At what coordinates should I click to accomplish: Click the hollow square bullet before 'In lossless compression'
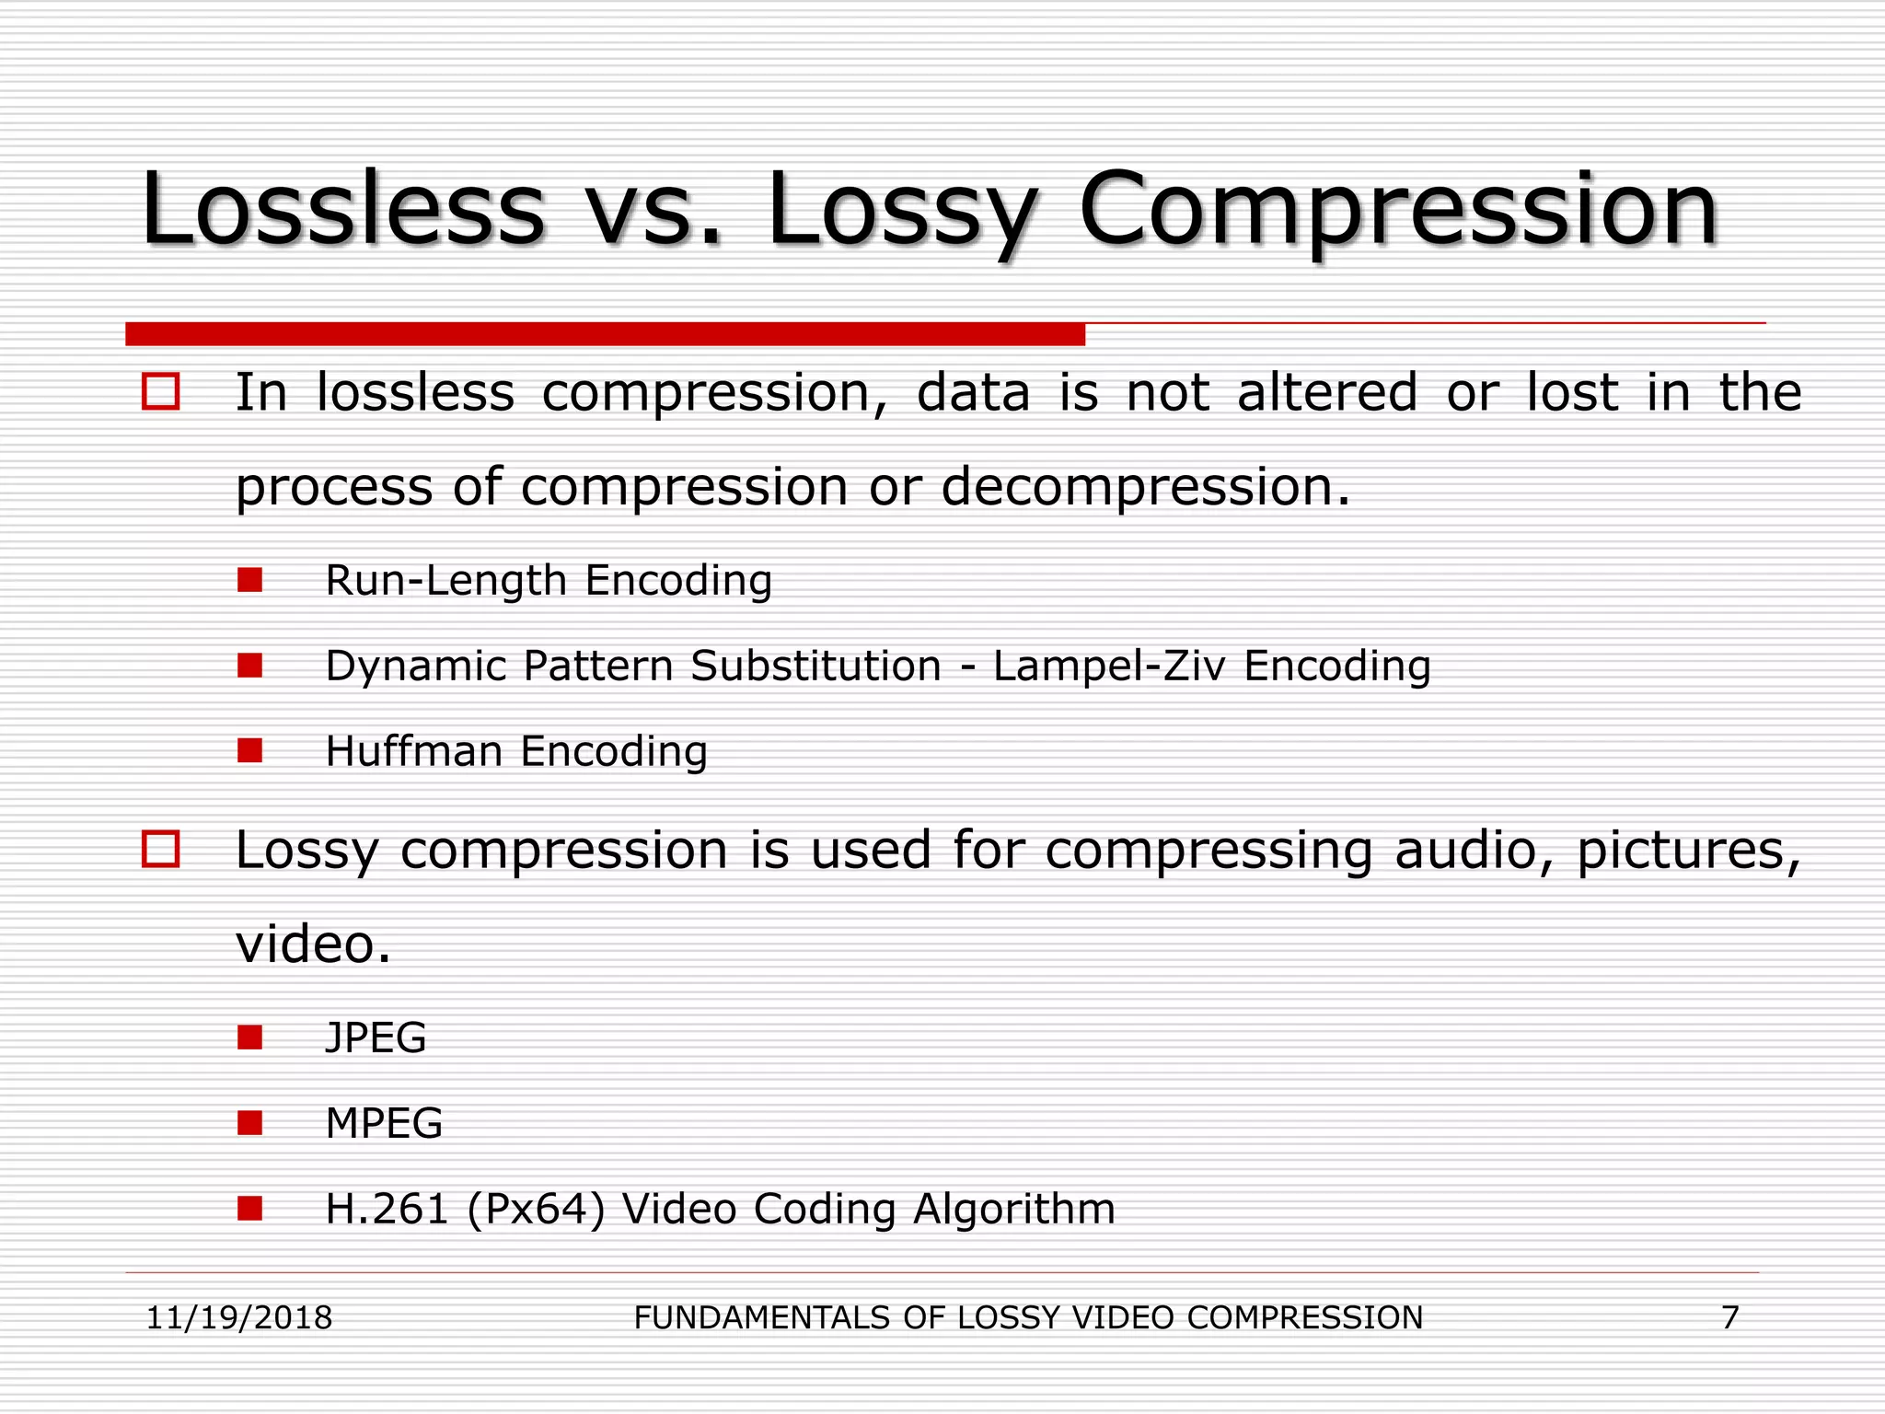[x=161, y=391]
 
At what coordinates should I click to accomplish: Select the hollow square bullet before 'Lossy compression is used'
[x=161, y=849]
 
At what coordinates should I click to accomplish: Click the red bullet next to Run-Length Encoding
[x=249, y=580]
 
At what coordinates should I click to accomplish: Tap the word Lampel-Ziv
[x=1108, y=666]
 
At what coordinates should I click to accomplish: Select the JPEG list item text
[x=376, y=1037]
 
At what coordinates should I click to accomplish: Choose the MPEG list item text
[x=384, y=1123]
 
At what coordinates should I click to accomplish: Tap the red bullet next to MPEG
[x=249, y=1123]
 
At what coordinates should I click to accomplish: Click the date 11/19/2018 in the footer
[x=239, y=1317]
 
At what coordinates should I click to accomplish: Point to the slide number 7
[x=1730, y=1317]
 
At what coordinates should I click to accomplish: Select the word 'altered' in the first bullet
[x=1326, y=392]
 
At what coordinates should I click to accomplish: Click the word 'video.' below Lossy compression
[x=314, y=944]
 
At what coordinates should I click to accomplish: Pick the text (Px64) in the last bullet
[x=537, y=1209]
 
